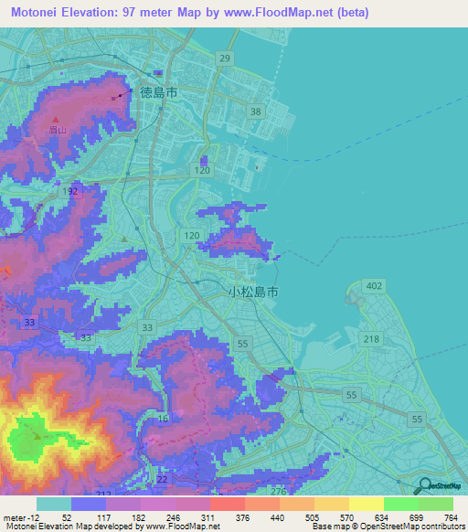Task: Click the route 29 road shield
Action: click(225, 59)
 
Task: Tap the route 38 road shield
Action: click(256, 112)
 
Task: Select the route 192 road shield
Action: click(71, 192)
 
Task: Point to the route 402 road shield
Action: click(372, 286)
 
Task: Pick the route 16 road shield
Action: click(162, 417)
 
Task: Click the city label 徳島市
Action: click(158, 92)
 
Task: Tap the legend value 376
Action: click(242, 517)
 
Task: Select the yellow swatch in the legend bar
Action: click(366, 504)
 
